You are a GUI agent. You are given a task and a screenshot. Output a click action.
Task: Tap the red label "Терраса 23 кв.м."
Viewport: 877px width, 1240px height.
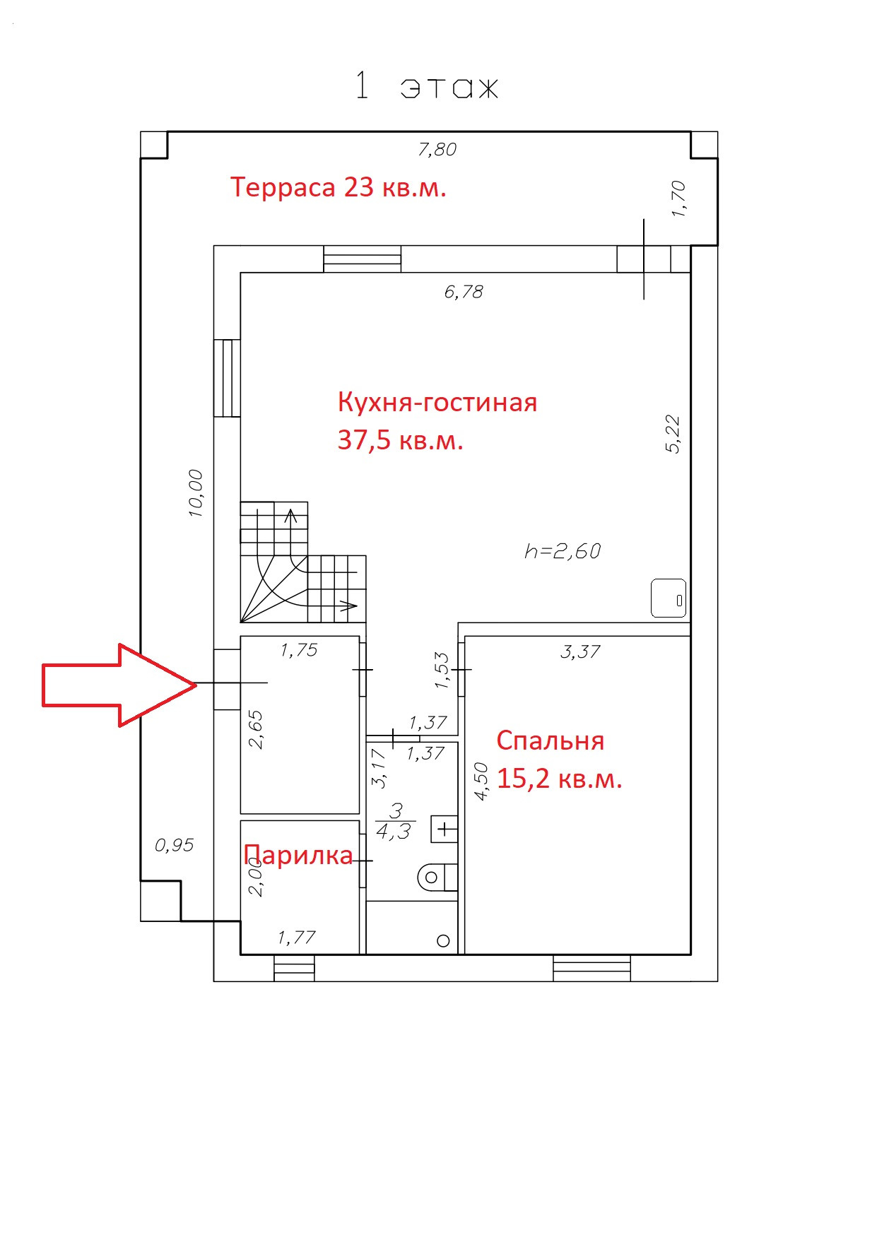[x=338, y=187]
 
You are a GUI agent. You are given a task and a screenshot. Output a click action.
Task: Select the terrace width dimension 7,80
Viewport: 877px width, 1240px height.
[x=437, y=149]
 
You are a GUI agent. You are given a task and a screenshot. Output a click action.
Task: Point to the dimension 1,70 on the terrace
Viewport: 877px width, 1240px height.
[x=678, y=199]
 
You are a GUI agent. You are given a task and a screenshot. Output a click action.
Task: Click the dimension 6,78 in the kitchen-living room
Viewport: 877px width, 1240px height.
[x=464, y=291]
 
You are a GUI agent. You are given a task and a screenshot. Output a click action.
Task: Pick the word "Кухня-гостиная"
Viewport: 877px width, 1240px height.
[x=437, y=402]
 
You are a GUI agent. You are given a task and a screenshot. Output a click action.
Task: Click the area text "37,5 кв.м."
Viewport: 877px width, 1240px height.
[x=400, y=440]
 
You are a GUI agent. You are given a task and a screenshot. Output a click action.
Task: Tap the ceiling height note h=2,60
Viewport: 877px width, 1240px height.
[x=563, y=551]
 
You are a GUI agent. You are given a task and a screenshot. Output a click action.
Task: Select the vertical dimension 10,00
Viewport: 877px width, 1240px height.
[x=196, y=493]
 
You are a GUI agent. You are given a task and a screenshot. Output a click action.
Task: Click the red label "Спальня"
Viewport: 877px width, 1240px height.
[x=550, y=740]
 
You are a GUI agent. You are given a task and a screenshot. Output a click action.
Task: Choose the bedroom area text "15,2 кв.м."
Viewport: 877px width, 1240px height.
[x=559, y=779]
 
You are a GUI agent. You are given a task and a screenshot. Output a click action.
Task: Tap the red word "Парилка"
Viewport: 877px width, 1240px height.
[x=298, y=855]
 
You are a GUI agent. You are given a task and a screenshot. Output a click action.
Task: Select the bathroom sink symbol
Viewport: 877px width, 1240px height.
[x=445, y=828]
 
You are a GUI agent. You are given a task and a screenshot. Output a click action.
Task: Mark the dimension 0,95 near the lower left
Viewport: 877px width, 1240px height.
[x=174, y=845]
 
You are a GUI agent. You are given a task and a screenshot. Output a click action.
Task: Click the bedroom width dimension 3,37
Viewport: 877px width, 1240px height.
[x=580, y=651]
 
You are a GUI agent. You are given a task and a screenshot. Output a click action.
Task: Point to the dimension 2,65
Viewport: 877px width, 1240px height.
[x=256, y=729]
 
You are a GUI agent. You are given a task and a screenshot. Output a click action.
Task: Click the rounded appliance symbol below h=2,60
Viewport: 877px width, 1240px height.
[x=669, y=598]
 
